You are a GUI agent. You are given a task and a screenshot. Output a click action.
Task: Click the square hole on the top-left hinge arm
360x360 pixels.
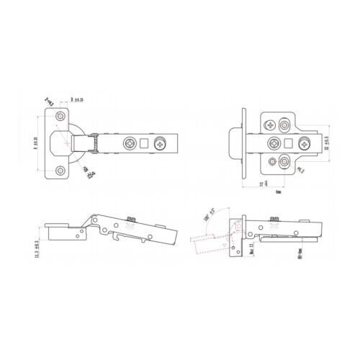pos(145,142)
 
